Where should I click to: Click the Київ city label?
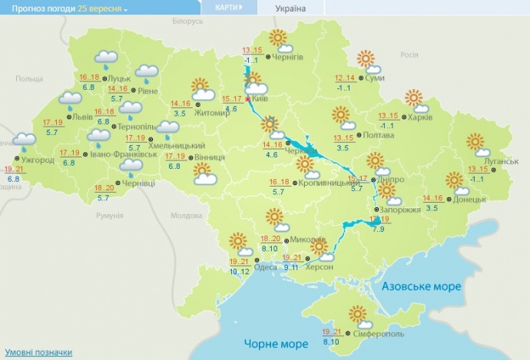[x=259, y=99]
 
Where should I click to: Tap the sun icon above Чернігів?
[x=277, y=38]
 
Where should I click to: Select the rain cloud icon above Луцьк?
[x=105, y=58]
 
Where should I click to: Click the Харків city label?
[x=421, y=117]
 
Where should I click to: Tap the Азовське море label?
[x=422, y=286]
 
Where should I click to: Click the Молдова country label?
[x=184, y=216]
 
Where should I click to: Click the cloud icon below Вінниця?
[x=204, y=179]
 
